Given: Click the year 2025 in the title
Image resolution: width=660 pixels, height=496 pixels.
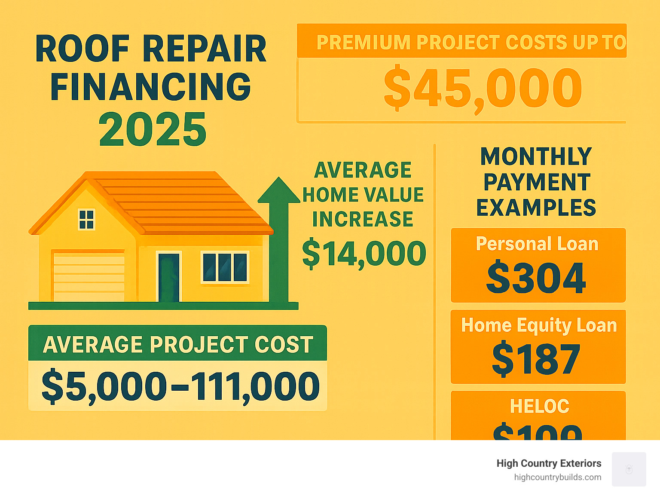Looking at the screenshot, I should click(x=153, y=129).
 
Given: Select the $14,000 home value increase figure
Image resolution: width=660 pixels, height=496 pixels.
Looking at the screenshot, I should click(x=364, y=254).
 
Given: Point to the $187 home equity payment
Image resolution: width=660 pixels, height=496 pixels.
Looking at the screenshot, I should click(x=536, y=359).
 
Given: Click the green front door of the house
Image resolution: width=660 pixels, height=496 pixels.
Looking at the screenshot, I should click(x=168, y=277).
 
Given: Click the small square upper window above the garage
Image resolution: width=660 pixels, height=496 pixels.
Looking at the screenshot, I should click(x=86, y=219).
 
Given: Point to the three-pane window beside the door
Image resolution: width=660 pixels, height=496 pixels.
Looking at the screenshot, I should click(x=225, y=267).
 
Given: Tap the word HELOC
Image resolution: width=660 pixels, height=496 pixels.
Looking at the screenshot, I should click(x=539, y=406).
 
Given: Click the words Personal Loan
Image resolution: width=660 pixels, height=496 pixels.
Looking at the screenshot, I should click(x=537, y=244).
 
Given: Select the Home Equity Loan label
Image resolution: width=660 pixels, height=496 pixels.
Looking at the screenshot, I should click(x=539, y=325).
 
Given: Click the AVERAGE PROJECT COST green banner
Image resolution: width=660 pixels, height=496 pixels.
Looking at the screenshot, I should click(x=178, y=344).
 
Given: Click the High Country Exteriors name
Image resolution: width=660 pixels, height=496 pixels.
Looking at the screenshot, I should click(x=549, y=463).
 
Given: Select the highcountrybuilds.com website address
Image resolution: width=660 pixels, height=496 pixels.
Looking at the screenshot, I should click(x=557, y=477).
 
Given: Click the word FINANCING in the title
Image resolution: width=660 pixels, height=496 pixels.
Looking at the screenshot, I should click(x=151, y=87).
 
